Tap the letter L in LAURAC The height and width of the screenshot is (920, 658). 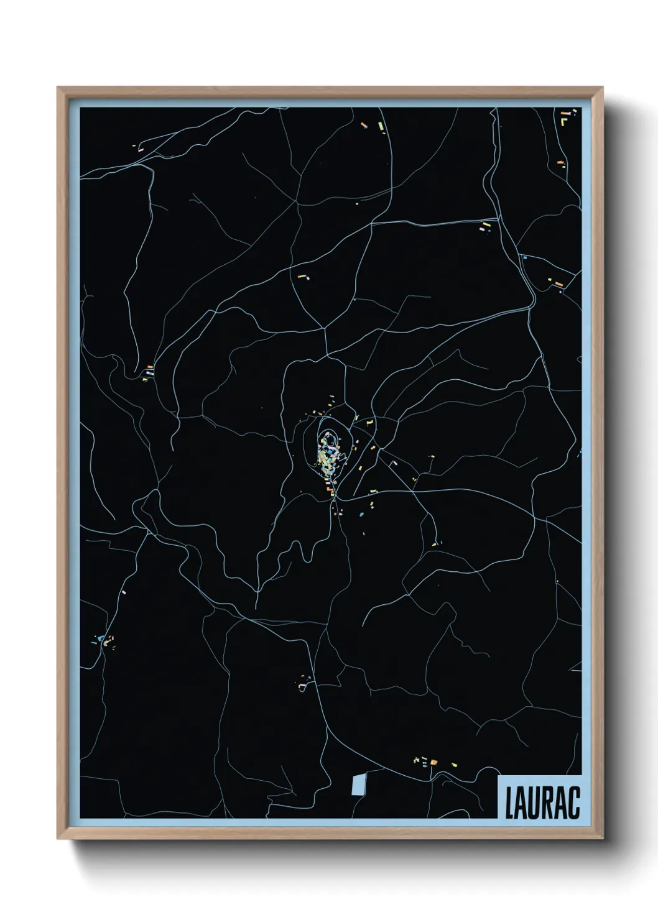pos(509,803)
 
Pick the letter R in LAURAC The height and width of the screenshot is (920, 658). pos(550,803)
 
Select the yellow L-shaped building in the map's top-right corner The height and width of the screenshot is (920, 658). pos(564,122)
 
